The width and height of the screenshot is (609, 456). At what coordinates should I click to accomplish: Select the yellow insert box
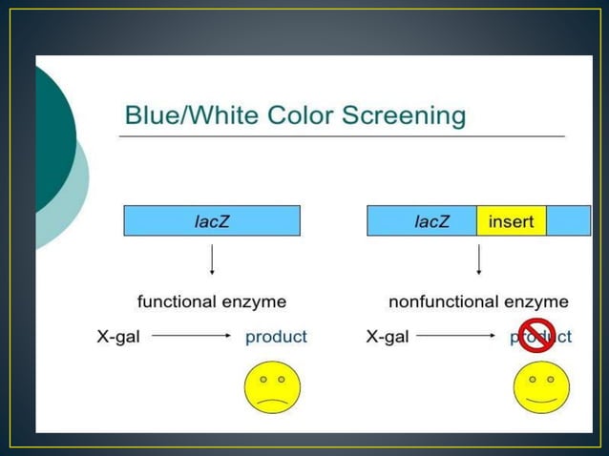(x=511, y=221)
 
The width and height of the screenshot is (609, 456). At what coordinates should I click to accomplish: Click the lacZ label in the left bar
(x=211, y=221)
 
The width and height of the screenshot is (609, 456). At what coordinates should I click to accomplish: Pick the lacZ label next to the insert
(x=431, y=221)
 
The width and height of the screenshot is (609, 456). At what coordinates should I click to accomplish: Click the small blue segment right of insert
(x=568, y=221)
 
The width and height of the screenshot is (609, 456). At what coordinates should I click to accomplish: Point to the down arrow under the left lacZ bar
(x=211, y=259)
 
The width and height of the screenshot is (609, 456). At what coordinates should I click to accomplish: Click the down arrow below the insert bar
(x=478, y=259)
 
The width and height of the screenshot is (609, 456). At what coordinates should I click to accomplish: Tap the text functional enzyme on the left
(x=211, y=301)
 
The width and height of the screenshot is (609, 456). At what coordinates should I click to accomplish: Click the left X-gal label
(x=118, y=337)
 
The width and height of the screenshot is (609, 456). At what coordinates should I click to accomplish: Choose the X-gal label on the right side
(x=388, y=337)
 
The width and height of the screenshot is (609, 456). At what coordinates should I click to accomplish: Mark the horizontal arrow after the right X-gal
(x=456, y=337)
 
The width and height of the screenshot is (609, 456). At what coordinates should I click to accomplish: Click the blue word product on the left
(x=276, y=337)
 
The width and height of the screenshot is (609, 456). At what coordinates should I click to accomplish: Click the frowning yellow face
(x=272, y=386)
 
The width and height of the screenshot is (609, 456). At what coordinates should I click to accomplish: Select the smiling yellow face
(x=541, y=386)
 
